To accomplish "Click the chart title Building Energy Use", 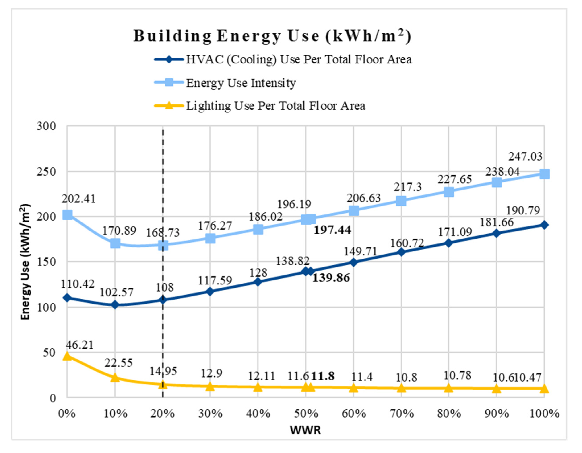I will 272,36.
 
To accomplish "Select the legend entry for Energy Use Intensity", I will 241,83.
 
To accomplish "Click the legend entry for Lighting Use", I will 275,106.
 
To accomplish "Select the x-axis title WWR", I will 305,430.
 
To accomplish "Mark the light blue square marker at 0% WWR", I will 67,215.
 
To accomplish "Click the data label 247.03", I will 525,157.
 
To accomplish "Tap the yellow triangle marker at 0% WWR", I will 67,356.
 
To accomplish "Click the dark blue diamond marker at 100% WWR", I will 544,225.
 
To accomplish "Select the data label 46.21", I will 79,345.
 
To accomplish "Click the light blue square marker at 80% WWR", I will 449,192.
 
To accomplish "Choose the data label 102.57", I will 116,292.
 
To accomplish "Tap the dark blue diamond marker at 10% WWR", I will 115,305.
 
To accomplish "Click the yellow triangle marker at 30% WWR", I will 210,386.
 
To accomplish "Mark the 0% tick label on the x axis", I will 67,414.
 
